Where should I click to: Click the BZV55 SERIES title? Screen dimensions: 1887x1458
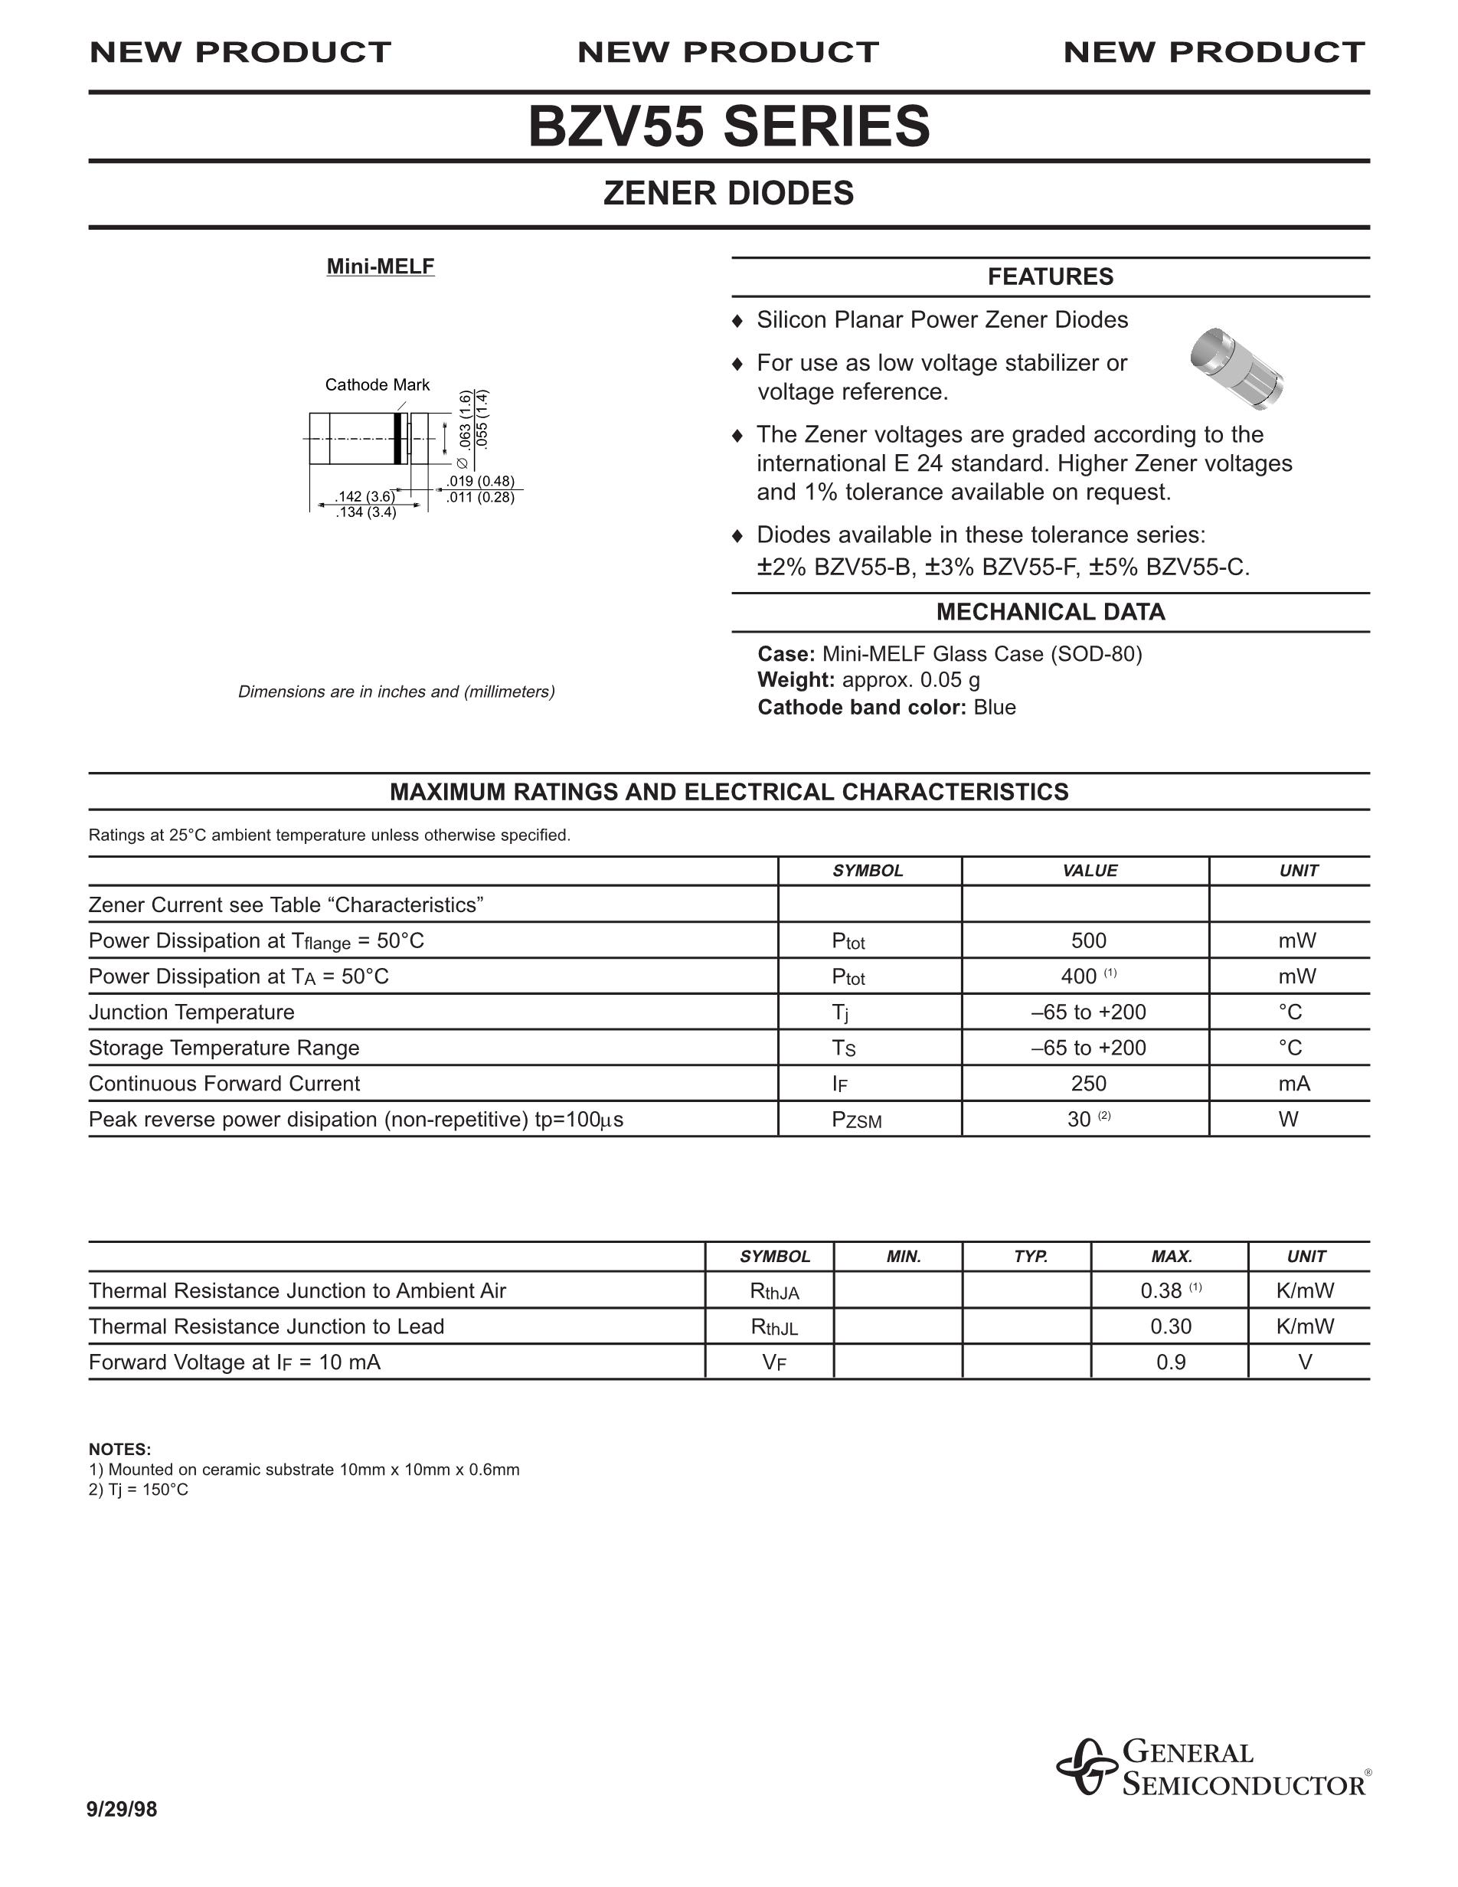729,126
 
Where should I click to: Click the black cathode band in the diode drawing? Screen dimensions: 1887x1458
397,439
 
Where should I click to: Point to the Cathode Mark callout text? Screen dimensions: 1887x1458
377,384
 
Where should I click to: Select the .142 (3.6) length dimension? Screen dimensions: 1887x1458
364,496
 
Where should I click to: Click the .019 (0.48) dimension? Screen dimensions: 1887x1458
480,481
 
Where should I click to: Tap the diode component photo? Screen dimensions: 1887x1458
1236,367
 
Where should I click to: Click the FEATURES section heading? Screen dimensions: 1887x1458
1051,276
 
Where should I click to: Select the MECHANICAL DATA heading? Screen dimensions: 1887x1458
1051,612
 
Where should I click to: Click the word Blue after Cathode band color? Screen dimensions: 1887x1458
994,707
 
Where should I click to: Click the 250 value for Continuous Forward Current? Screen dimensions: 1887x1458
1088,1084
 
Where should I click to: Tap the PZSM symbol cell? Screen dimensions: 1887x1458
856,1120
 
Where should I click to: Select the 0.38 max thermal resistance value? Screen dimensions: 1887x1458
1161,1291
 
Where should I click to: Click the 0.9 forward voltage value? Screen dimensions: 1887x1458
1170,1362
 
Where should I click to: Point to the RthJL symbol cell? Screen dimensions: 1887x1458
774,1327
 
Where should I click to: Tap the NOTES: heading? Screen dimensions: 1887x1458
120,1449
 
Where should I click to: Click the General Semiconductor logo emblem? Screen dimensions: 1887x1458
1086,1766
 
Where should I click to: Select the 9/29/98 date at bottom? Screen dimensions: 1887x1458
122,1809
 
